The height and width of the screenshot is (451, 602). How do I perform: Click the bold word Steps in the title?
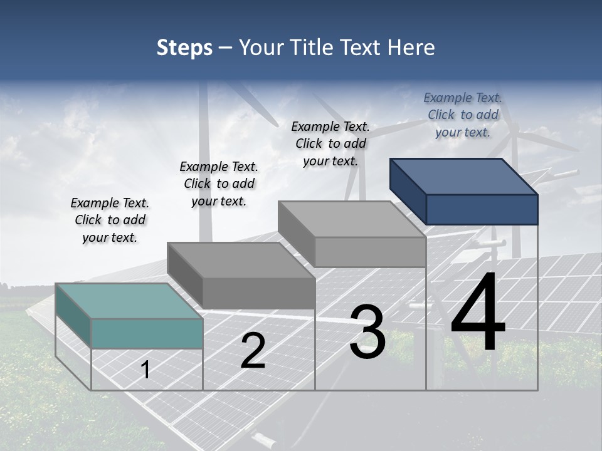[x=184, y=48]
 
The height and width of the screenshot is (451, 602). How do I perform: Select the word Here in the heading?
[x=411, y=48]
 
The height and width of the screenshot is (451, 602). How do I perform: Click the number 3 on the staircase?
[x=367, y=332]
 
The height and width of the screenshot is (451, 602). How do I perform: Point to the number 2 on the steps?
[x=253, y=351]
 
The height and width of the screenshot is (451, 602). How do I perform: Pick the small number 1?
[x=145, y=370]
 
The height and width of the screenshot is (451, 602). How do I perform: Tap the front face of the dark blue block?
[x=482, y=209]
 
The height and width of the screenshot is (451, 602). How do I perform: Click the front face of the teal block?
[x=147, y=333]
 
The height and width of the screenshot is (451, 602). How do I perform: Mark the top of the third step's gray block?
[x=352, y=219]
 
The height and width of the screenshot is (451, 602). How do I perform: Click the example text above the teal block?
[x=110, y=220]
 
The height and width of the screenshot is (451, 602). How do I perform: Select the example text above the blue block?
[x=463, y=115]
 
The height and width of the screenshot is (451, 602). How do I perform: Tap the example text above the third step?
[x=330, y=143]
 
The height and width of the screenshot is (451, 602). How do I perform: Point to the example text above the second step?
[x=219, y=184]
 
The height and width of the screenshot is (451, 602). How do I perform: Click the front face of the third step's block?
[x=370, y=252]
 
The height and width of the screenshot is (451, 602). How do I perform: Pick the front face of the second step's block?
[x=258, y=293]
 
